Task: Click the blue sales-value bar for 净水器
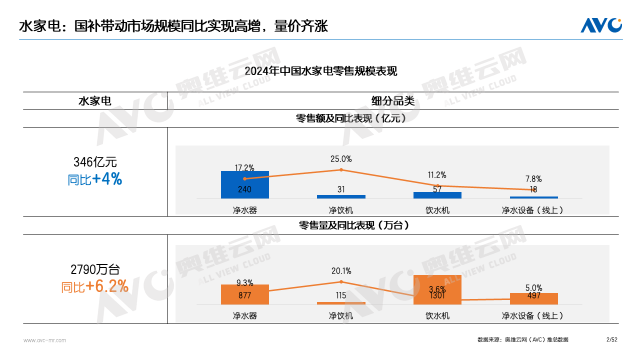245,185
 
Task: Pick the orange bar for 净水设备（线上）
533,297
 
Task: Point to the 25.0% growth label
341,159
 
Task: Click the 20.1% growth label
341,270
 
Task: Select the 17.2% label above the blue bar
245,167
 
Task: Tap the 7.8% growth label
533,178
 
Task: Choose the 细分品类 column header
390,102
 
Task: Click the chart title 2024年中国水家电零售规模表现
320,72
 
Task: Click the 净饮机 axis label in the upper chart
341,211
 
